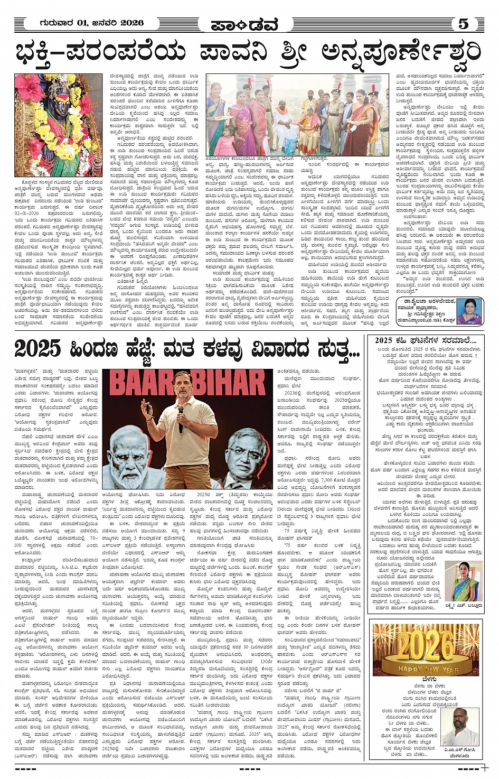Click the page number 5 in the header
[463, 24]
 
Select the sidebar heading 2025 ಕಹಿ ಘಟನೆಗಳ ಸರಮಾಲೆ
[426, 340]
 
